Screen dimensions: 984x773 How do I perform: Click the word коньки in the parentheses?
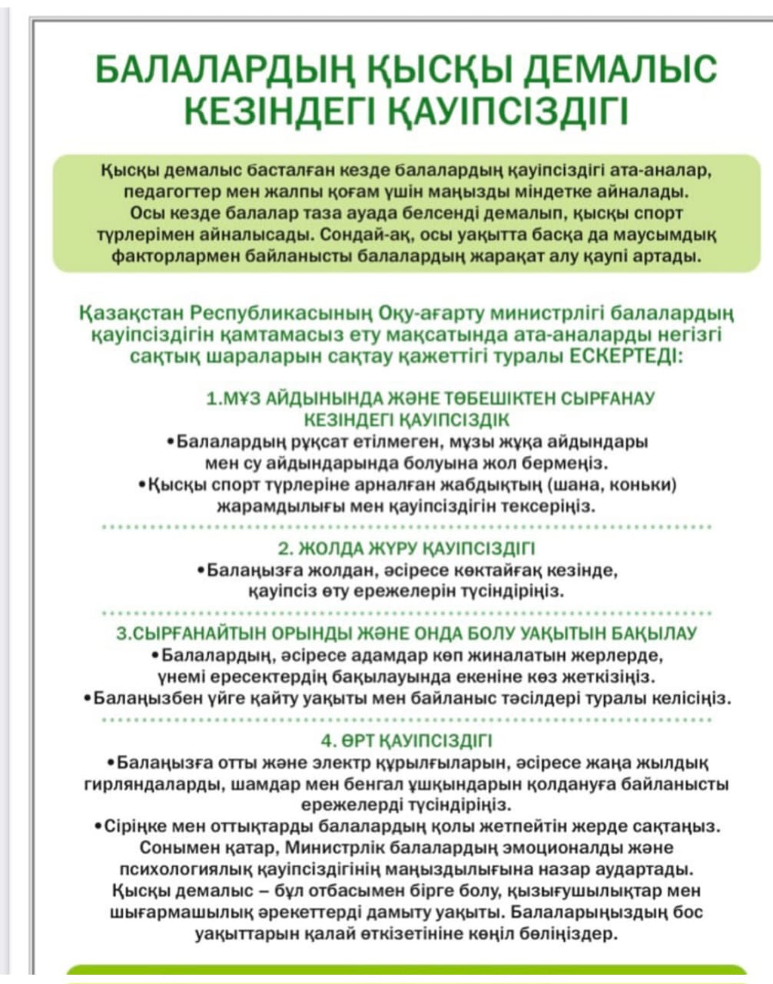point(645,485)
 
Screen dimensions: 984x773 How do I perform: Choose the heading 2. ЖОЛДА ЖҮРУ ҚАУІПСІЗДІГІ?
point(406,549)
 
